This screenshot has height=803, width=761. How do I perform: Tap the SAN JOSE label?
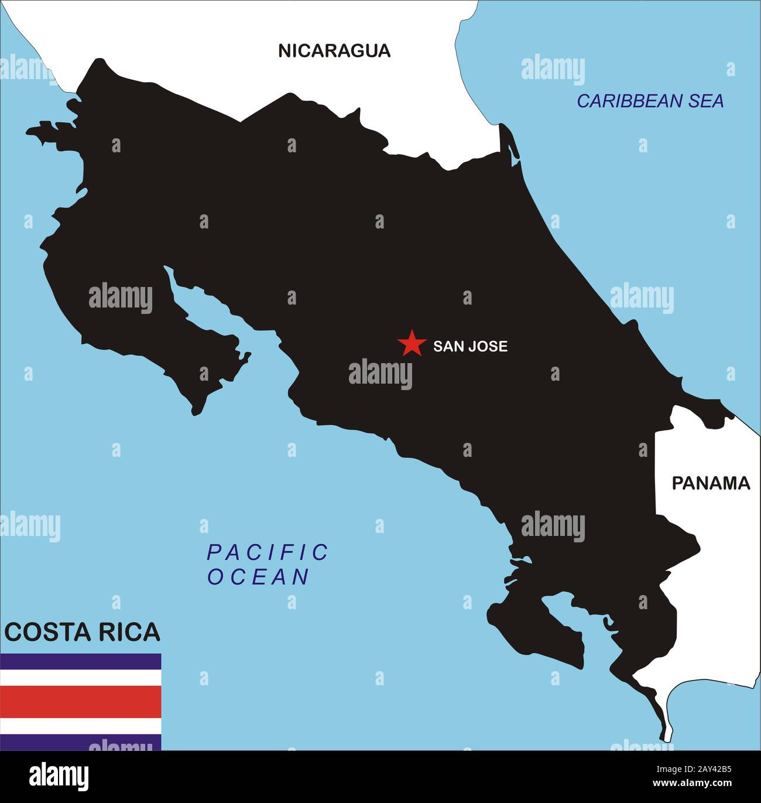pyautogui.click(x=470, y=346)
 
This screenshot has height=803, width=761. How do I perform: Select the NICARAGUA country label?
pyautogui.click(x=334, y=51)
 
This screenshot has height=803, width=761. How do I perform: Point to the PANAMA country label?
pyautogui.click(x=711, y=483)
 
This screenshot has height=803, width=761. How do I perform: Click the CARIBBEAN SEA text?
pyautogui.click(x=650, y=101)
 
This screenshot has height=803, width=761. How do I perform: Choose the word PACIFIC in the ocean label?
pyautogui.click(x=268, y=552)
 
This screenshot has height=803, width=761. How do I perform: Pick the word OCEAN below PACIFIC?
pyautogui.click(x=258, y=577)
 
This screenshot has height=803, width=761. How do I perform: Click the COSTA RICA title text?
pyautogui.click(x=82, y=632)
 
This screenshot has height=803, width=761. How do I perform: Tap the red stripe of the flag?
pyautogui.click(x=80, y=702)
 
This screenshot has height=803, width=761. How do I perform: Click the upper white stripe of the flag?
pyautogui.click(x=80, y=678)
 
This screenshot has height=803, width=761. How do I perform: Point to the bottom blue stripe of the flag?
pyautogui.click(x=80, y=743)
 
